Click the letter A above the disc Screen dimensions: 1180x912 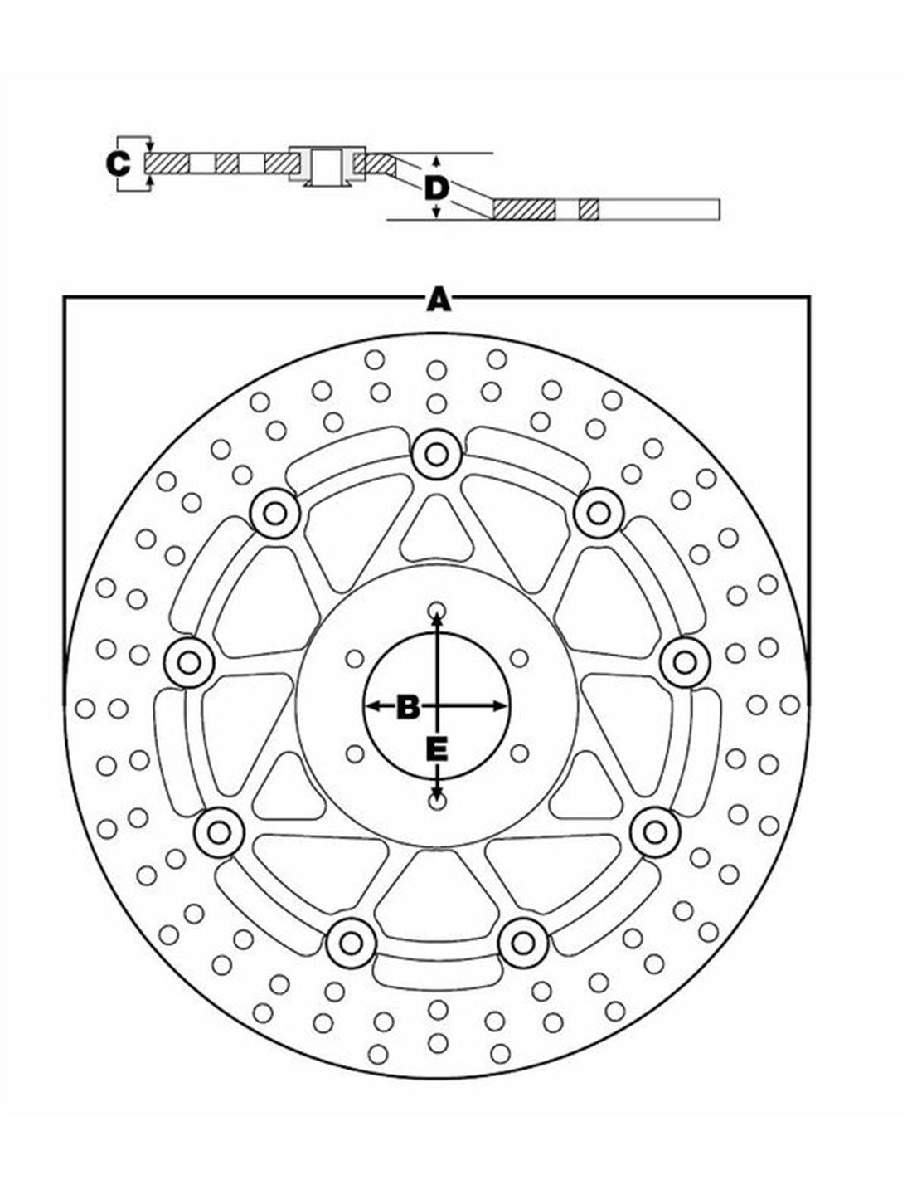tap(438, 299)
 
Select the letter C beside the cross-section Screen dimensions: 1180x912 tap(119, 163)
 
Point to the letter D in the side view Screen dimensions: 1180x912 tap(436, 188)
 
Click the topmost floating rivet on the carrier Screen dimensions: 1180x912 tap(435, 453)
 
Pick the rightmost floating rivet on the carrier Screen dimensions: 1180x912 tap(684, 661)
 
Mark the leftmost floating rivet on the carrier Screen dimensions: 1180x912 tap(190, 661)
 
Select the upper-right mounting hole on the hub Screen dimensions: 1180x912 tap(519, 659)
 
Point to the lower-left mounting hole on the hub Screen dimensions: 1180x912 tap(355, 753)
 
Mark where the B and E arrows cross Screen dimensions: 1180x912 tap(436, 706)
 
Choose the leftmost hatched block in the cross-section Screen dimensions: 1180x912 tap(169, 163)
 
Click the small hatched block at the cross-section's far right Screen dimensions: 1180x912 tap(589, 209)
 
